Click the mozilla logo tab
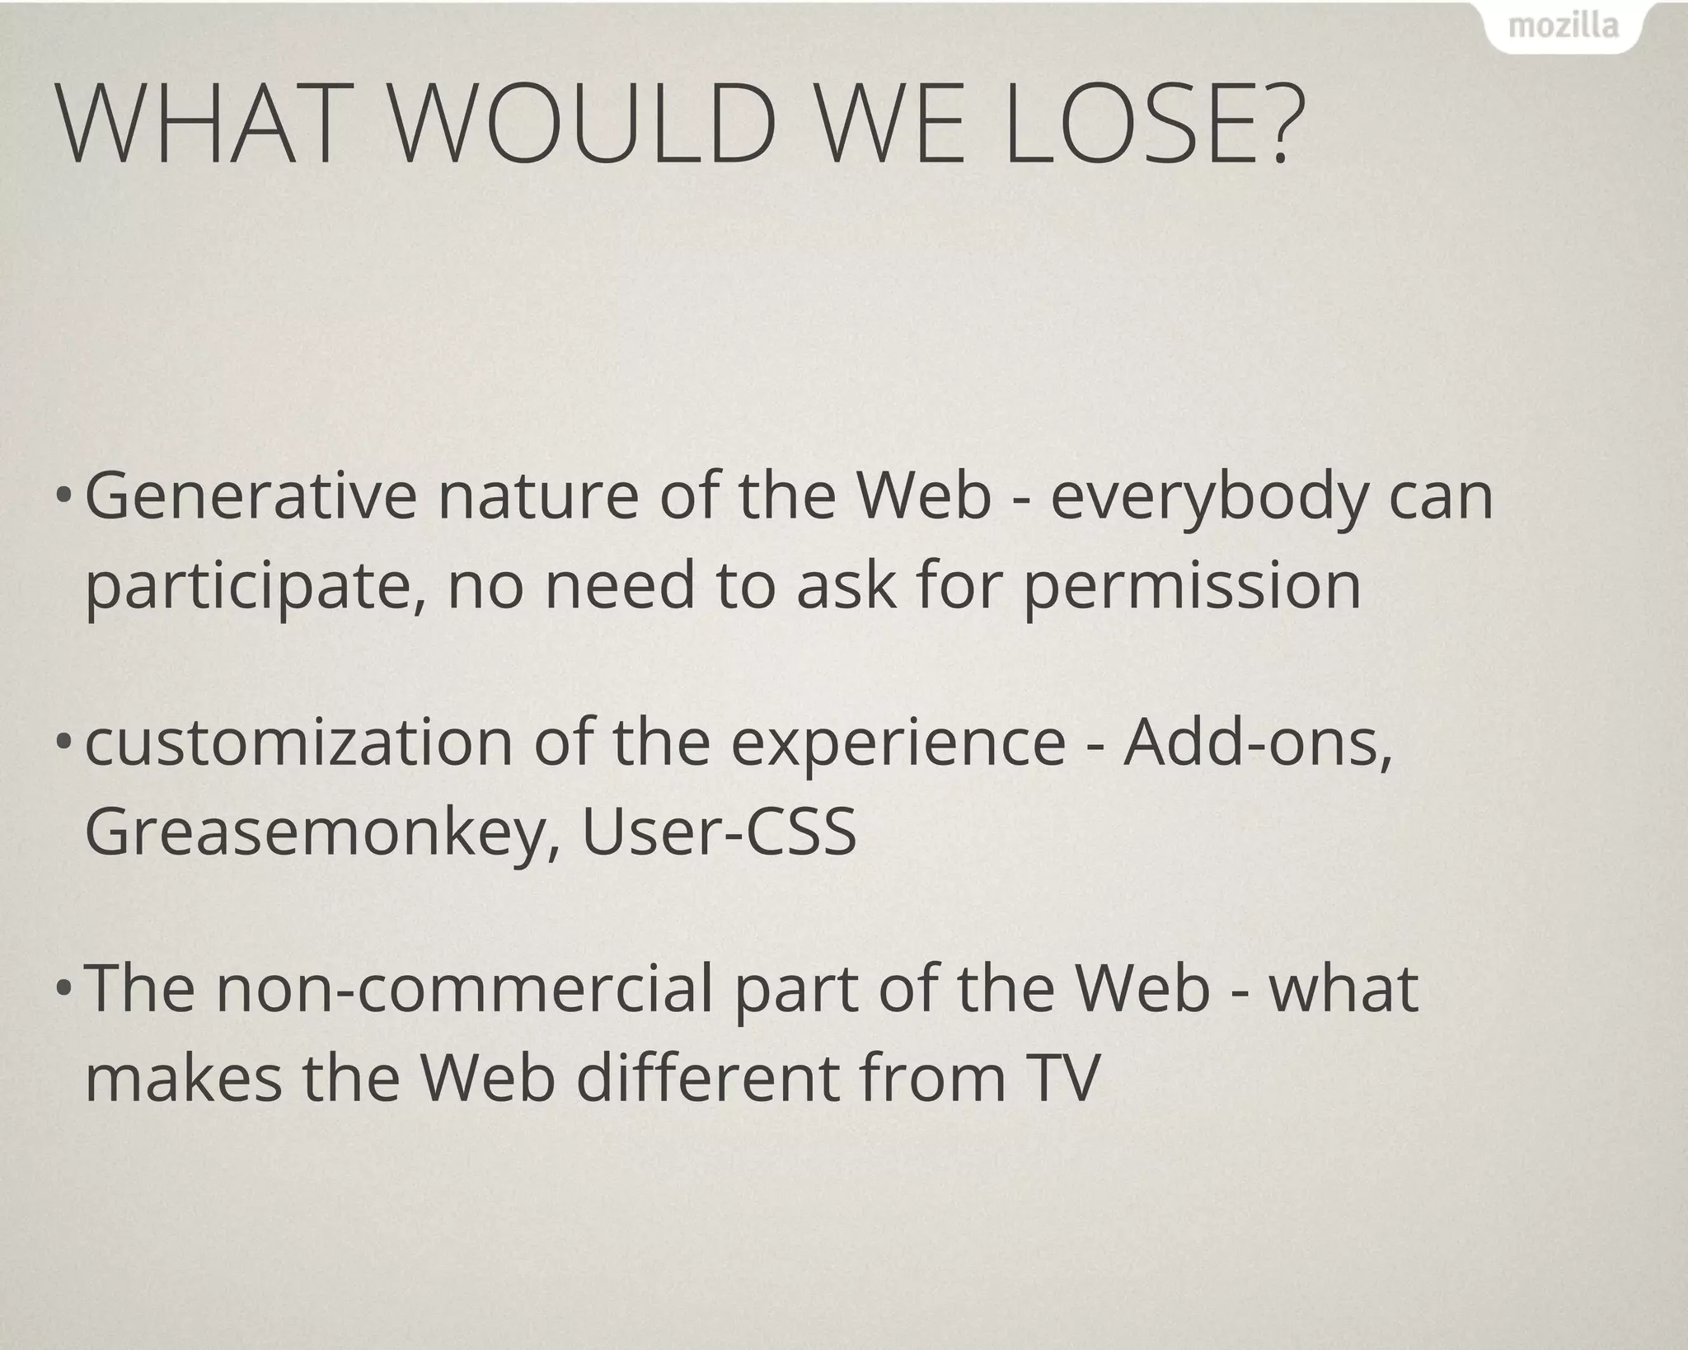coord(1563,28)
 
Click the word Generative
coord(251,498)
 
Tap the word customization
coord(298,743)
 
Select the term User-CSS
coord(719,832)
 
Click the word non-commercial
coord(464,988)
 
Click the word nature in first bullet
coord(538,498)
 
